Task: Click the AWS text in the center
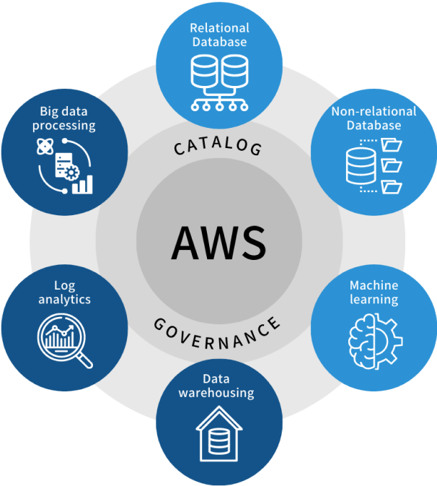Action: tap(218, 243)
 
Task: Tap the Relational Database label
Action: tap(219, 35)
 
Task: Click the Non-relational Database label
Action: tap(374, 118)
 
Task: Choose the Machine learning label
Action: tap(374, 292)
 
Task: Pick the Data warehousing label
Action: tap(217, 386)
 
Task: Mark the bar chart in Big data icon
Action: tap(85, 183)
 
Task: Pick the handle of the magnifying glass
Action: tap(84, 359)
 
